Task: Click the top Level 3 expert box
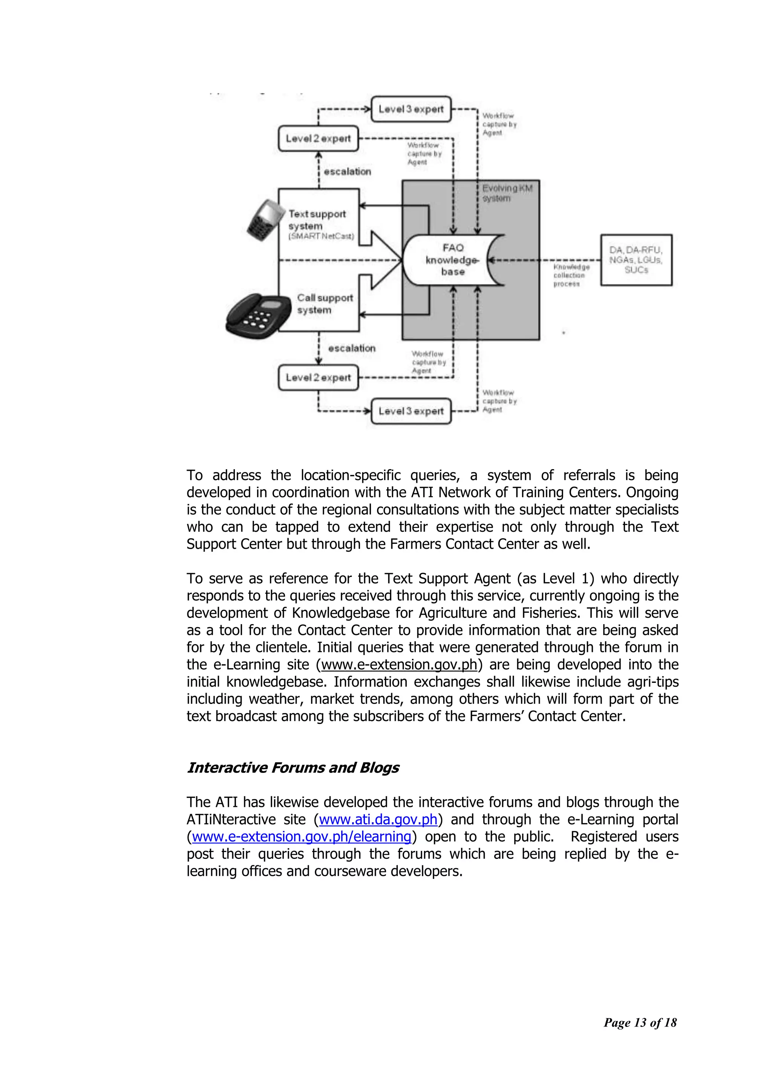point(411,109)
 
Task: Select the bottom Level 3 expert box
point(411,411)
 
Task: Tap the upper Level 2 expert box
point(318,139)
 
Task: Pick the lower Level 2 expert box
point(318,378)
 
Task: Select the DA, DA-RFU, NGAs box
point(636,260)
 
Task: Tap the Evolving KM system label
point(507,193)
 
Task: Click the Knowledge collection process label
point(570,275)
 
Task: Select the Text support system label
point(317,220)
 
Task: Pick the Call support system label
point(324,304)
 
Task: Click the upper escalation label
point(347,171)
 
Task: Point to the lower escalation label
point(351,348)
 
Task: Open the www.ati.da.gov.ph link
point(378,819)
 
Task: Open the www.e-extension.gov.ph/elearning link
point(302,836)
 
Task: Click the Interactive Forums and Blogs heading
point(293,767)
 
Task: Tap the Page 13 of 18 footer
point(640,1022)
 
